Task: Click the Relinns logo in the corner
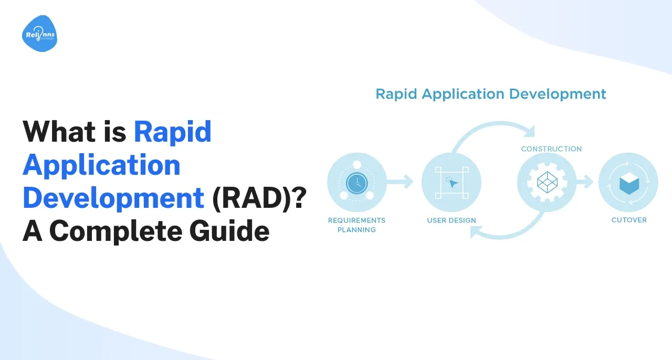coord(39,34)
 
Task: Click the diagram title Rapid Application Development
coord(491,94)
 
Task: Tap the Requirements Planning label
coord(357,225)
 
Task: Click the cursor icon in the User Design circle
coord(451,183)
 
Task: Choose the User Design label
coord(451,220)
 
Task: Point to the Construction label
coord(551,149)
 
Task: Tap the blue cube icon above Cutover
coord(628,184)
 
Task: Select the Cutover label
coord(629,220)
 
